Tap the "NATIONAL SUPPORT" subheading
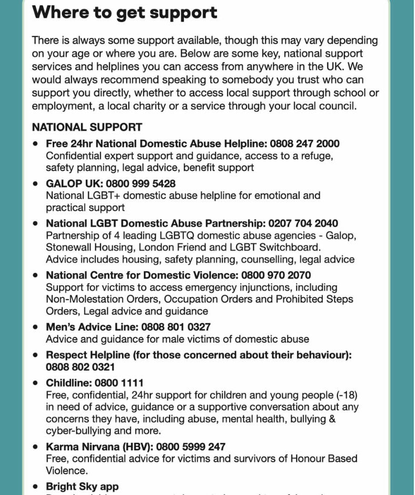click(87, 127)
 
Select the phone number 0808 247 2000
click(305, 144)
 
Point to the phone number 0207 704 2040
click(303, 223)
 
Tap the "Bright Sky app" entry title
click(82, 487)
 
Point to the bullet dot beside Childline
click(35, 383)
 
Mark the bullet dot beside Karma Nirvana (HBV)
click(35, 447)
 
